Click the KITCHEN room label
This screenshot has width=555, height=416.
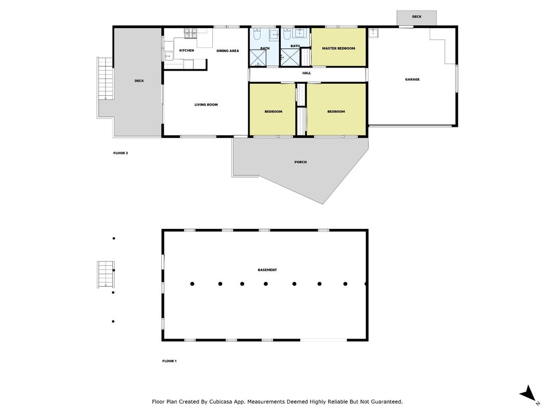click(x=187, y=50)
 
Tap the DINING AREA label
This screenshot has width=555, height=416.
click(x=228, y=51)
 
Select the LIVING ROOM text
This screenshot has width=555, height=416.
click(x=206, y=105)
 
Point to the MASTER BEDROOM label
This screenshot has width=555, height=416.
click(x=339, y=48)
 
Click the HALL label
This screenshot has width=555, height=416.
click(x=306, y=73)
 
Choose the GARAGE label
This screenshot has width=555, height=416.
click(x=412, y=80)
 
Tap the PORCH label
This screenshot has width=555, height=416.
click(x=301, y=162)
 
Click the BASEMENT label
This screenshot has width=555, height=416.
click(x=267, y=270)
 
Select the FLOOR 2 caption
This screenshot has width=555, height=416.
click(x=121, y=153)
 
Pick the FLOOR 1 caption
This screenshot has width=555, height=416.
click(x=169, y=361)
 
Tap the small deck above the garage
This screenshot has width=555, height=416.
click(x=417, y=18)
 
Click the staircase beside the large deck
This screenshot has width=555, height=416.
click(x=106, y=79)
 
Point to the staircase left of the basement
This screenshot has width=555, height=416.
click(x=106, y=275)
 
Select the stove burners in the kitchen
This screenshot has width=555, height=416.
click(x=190, y=34)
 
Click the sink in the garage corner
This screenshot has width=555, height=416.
click(x=374, y=33)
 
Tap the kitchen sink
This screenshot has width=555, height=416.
click(x=169, y=56)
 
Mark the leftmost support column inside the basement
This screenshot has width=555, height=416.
click(x=192, y=284)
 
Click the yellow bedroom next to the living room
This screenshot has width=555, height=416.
click(x=273, y=109)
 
